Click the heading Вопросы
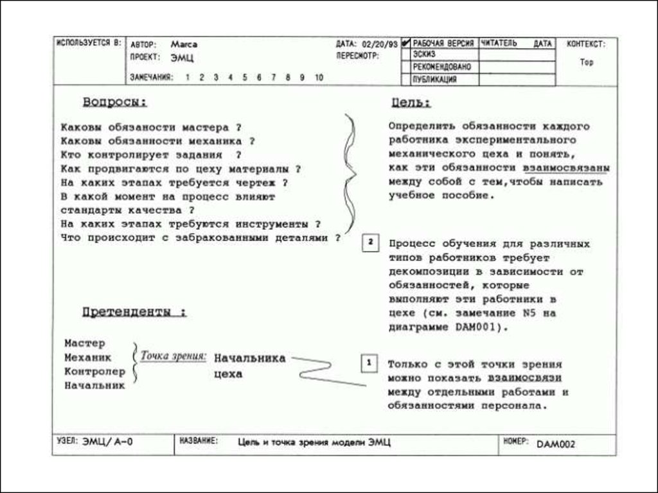[x=114, y=102]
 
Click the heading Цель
[x=411, y=103]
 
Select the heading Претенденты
[x=134, y=313]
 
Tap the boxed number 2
[x=371, y=243]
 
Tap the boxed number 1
[x=369, y=363]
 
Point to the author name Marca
[x=184, y=44]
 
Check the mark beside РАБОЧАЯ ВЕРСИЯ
[x=405, y=44]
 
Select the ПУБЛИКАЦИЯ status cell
[x=435, y=80]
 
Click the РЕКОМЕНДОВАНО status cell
[x=441, y=67]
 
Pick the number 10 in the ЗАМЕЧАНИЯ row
[x=319, y=78]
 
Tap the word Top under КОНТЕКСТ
[x=586, y=63]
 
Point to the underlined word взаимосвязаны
[x=566, y=168]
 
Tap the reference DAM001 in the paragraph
[x=474, y=326]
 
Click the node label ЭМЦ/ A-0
[x=107, y=442]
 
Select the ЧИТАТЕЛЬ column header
[x=499, y=44]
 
